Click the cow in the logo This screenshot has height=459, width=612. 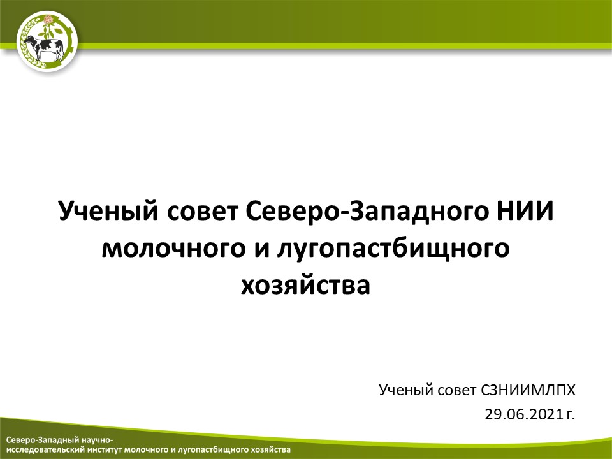[44, 48]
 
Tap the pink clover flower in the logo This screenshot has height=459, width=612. [48, 20]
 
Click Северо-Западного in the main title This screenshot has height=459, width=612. [367, 212]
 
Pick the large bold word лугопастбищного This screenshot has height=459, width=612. [393, 250]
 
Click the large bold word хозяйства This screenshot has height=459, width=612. [305, 286]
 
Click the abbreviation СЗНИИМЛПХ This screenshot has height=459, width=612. [528, 390]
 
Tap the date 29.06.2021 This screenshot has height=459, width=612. [524, 414]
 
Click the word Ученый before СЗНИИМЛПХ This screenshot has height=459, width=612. [406, 390]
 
